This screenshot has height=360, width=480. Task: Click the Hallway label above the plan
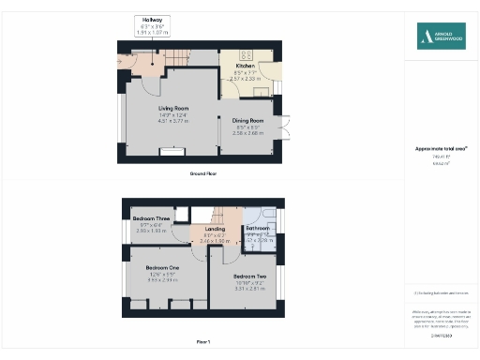coord(152,20)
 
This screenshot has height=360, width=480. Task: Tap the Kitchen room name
coord(245,66)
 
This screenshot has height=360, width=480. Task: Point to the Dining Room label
coord(248,120)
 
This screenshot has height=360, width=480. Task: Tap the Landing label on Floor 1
coord(215,229)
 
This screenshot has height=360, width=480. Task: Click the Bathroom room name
coord(258,228)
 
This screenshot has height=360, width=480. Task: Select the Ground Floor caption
coord(204,174)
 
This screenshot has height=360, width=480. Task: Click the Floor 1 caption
coord(203,342)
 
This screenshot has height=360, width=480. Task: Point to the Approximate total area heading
coord(442,148)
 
